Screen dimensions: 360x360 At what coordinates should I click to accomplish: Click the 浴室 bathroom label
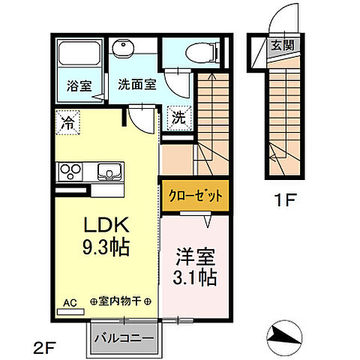79,85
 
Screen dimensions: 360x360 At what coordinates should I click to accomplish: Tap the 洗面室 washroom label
135,85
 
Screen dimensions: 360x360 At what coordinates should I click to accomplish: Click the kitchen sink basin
109,171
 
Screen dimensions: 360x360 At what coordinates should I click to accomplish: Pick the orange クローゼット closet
195,196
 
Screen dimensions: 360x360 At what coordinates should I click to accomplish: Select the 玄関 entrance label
286,46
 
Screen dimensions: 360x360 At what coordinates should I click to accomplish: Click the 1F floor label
284,201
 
